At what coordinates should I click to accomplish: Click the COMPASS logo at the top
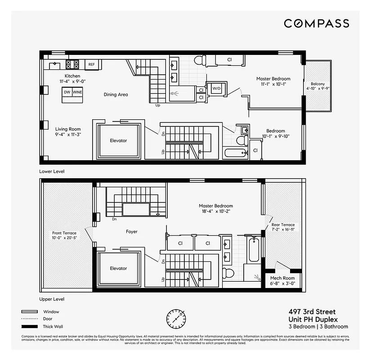pos(316,23)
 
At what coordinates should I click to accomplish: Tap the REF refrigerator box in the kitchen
pos(92,65)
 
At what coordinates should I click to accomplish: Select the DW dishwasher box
pos(67,92)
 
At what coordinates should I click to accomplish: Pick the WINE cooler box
pos(77,92)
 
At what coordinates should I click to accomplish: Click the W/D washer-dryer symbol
pos(216,89)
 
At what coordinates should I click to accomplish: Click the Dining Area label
pos(116,94)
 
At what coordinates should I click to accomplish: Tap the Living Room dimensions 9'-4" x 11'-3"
pos(68,134)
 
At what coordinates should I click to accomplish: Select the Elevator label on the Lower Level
pos(118,141)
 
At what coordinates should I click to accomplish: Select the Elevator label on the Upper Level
pos(118,269)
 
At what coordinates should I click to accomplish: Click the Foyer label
pos(132,232)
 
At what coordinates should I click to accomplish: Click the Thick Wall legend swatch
pos(29,326)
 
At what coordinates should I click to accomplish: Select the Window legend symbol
pos(29,311)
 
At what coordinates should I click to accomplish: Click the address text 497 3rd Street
pos(312,312)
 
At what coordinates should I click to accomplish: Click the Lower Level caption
pos(52,171)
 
